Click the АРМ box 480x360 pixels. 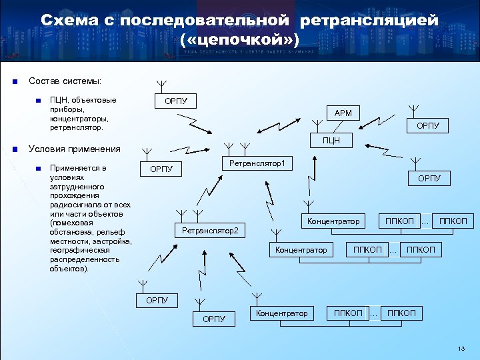[343, 113]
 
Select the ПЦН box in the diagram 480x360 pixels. [331, 140]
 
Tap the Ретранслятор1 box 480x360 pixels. [257, 163]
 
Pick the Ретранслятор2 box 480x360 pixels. [209, 231]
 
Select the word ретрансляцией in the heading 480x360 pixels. [369, 21]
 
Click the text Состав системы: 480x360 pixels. [65, 81]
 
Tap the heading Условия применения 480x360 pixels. [75, 149]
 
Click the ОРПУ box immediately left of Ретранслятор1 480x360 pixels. [161, 169]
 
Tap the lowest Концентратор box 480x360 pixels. [281, 313]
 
